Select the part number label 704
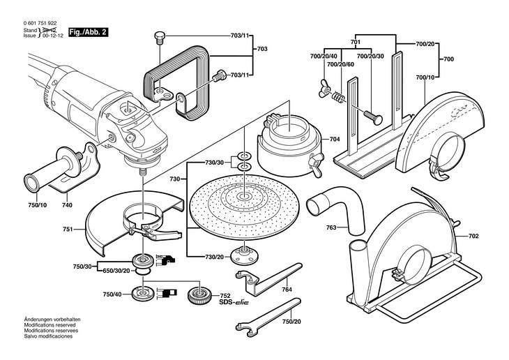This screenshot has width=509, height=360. [x=335, y=140]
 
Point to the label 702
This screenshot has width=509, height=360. [x=473, y=237]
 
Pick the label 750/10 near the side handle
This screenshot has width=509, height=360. [x=37, y=206]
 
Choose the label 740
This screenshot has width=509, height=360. [x=67, y=206]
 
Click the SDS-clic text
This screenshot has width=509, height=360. [x=235, y=303]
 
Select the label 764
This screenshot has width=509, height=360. [x=287, y=290]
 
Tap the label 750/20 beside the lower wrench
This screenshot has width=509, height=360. [x=292, y=322]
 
